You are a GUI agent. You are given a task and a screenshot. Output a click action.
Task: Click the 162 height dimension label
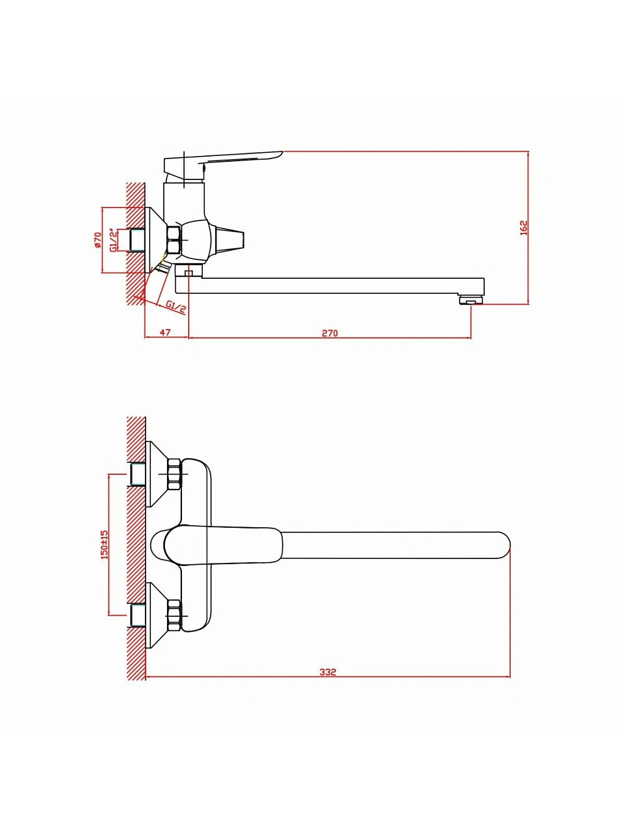coord(524,227)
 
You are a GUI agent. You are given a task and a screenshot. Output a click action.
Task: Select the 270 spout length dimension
coord(330,333)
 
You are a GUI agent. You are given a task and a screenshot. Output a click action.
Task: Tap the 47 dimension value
coord(165,332)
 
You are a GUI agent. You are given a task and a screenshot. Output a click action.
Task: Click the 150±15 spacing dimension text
coord(105,544)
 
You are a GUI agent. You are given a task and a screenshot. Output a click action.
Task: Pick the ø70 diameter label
coord(97,240)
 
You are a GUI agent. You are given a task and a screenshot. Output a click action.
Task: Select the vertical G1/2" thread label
coord(113,240)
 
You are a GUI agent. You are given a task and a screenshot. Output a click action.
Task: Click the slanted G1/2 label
coord(177,307)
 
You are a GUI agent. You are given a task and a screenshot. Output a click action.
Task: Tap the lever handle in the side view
coord(223,164)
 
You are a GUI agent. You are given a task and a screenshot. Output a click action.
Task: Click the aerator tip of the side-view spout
coord(471,300)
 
